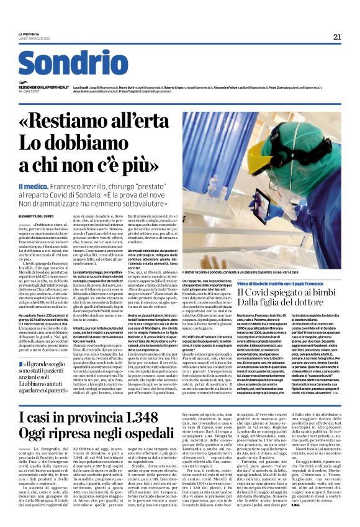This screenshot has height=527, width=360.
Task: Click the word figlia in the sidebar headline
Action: [x=275, y=306]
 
